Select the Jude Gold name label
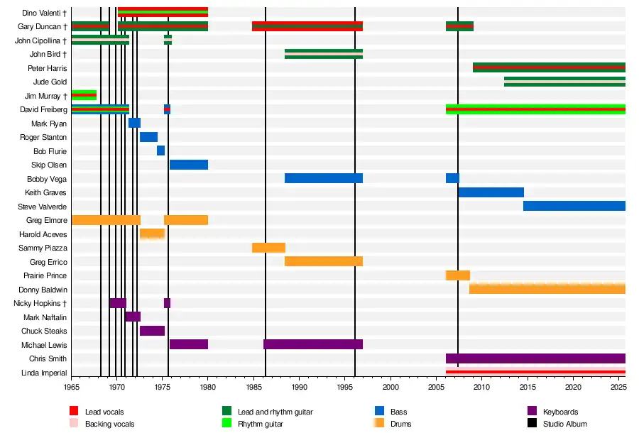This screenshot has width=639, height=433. tap(50, 82)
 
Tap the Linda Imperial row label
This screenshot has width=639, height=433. tap(45, 373)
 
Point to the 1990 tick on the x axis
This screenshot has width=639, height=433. tap(300, 387)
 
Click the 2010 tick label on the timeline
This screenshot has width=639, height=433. tap(481, 387)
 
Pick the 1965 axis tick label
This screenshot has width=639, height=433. tap(72, 387)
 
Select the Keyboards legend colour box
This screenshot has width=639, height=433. tap(532, 412)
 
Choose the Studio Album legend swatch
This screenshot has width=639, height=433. tap(532, 424)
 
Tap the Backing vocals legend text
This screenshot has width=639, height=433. tap(109, 424)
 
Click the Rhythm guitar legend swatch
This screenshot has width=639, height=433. tap(227, 424)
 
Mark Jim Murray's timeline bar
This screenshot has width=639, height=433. tap(84, 96)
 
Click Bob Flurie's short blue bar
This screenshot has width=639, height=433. tap(161, 151)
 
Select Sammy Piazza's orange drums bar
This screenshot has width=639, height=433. tap(268, 248)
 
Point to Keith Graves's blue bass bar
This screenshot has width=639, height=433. tap(491, 192)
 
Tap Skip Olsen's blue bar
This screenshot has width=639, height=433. tap(189, 165)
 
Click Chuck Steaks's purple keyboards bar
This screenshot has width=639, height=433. tap(152, 331)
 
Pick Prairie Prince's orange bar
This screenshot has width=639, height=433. tap(458, 275)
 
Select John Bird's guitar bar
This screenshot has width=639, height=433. tap(324, 54)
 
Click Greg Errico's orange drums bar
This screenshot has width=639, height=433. tap(324, 262)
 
